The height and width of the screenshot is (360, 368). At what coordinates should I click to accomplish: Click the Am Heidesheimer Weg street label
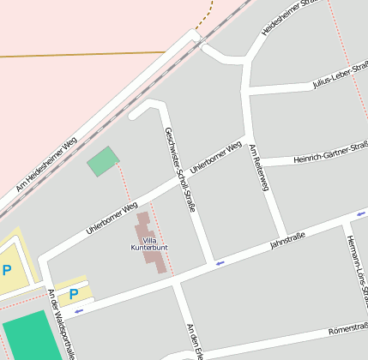(46, 162)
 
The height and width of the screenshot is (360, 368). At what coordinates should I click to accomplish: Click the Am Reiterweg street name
(259, 168)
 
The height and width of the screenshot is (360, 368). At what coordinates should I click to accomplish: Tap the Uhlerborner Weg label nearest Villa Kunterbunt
(112, 219)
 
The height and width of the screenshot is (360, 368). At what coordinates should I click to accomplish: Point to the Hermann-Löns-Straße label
(358, 272)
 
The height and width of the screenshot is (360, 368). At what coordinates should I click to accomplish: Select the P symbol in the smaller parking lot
(73, 294)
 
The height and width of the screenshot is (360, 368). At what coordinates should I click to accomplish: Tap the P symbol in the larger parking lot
(7, 271)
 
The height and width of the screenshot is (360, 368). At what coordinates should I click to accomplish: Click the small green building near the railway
(103, 161)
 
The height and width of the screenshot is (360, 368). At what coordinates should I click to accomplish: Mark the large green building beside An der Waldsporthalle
(27, 336)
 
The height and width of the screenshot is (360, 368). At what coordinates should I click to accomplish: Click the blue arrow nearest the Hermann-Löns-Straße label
(361, 213)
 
